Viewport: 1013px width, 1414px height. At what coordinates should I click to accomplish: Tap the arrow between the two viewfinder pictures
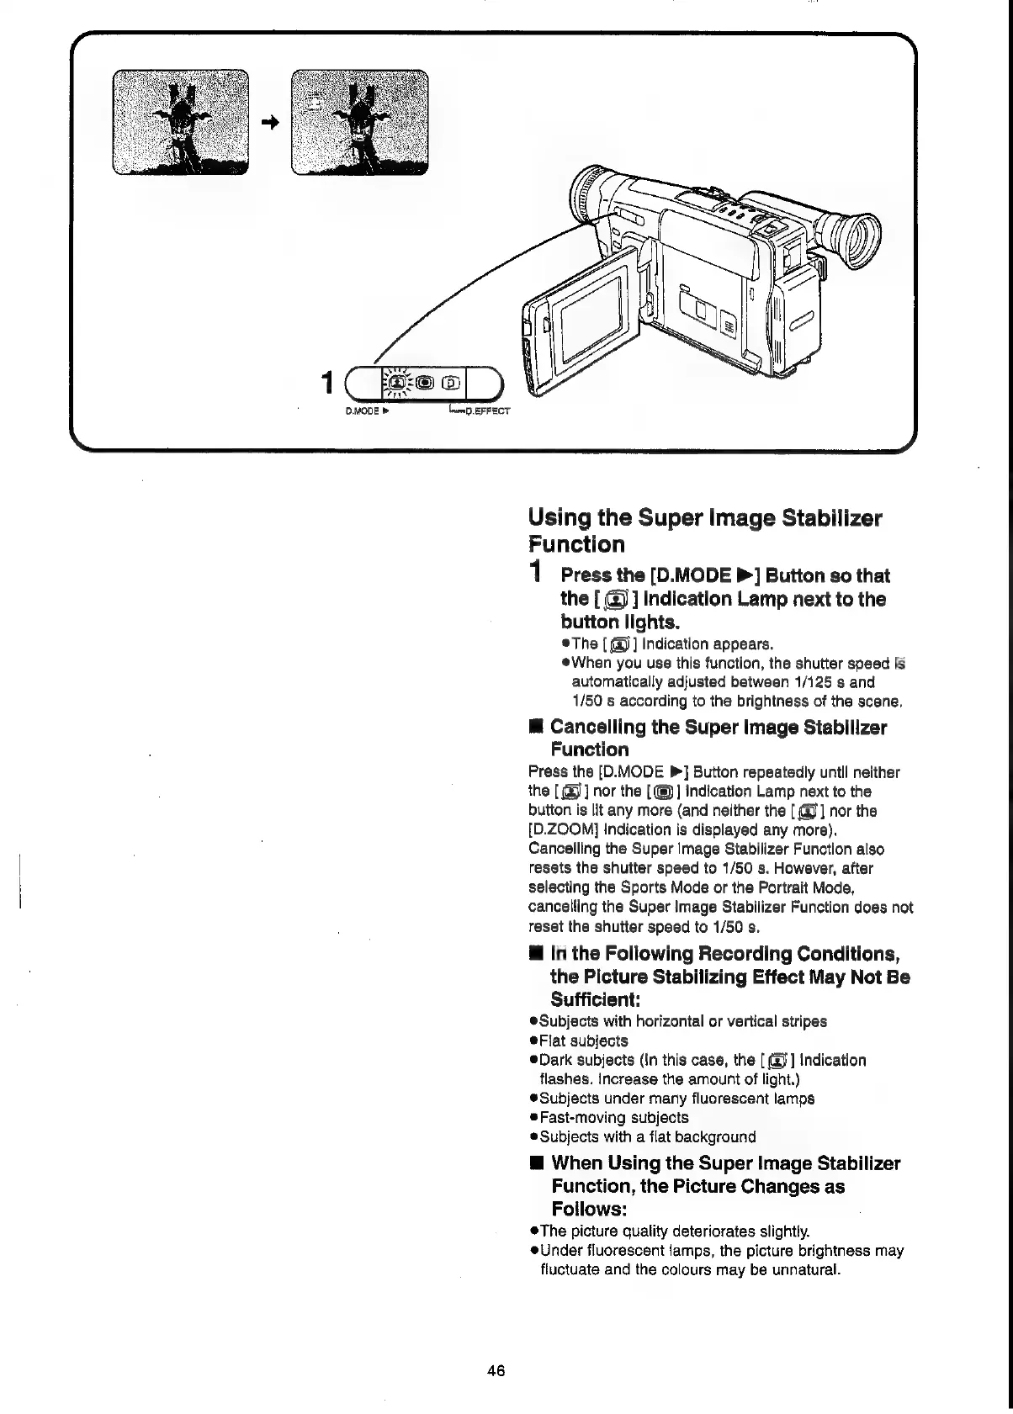pos(268,123)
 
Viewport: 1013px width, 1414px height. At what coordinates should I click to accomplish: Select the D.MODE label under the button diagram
pos(363,412)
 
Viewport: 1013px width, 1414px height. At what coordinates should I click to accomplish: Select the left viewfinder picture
pos(180,123)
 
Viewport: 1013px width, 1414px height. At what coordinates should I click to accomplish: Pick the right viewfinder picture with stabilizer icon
pos(359,123)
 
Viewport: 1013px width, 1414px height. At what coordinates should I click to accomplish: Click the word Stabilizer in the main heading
pos(832,517)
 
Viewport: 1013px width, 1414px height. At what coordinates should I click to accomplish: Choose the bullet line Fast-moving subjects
pos(613,1117)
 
